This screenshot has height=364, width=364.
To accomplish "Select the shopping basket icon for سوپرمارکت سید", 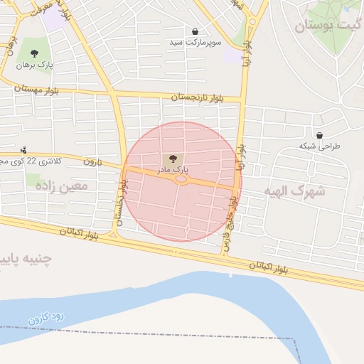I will click(195, 31).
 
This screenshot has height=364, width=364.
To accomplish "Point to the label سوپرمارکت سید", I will click(195, 43).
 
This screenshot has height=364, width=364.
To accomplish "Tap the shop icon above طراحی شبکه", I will click(318, 134).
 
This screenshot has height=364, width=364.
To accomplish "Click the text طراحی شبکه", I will click(319, 146).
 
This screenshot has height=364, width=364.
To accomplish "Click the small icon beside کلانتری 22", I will click(24, 149).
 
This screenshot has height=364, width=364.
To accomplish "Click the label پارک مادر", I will click(175, 169).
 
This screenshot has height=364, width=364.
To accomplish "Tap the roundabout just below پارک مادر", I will click(181, 180).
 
